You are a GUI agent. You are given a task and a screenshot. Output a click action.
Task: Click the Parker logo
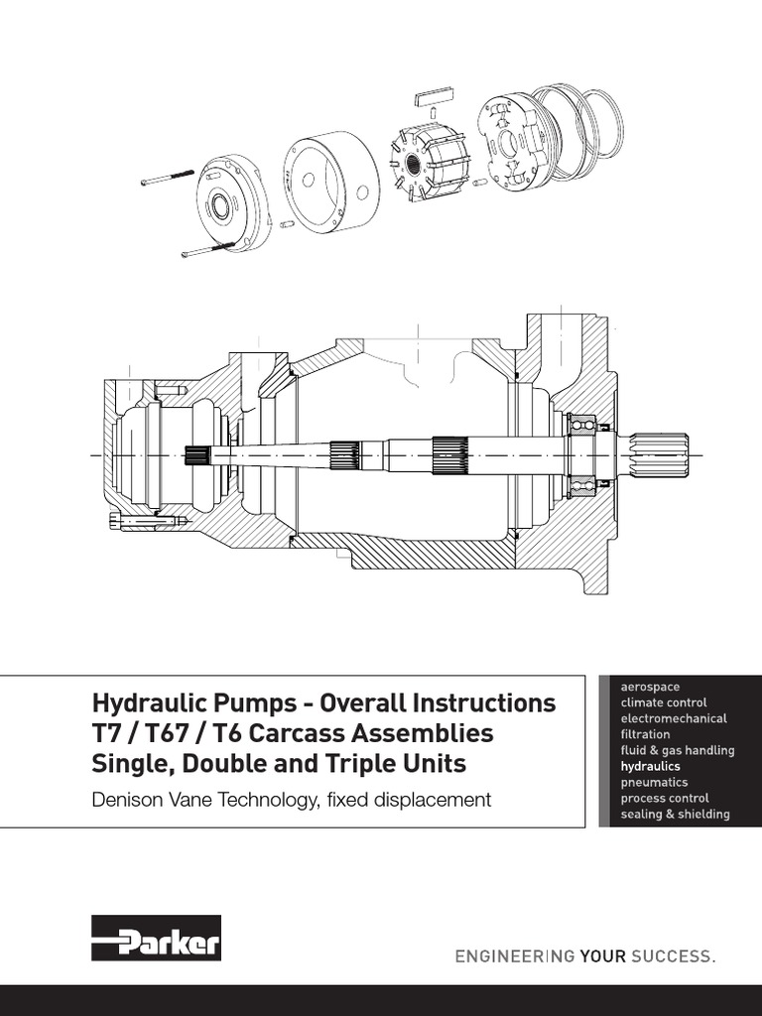click(156, 938)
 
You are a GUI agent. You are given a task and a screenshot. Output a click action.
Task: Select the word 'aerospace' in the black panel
click(650, 687)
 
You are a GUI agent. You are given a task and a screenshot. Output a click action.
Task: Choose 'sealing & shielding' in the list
click(675, 815)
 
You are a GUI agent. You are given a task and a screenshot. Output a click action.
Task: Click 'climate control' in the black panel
click(663, 702)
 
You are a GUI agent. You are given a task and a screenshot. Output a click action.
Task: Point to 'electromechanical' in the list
click(673, 718)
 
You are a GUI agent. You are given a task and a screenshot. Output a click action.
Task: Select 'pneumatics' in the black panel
click(654, 783)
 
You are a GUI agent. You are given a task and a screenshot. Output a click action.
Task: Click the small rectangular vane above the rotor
click(432, 98)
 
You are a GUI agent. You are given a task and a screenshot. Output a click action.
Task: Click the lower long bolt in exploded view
click(207, 249)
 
